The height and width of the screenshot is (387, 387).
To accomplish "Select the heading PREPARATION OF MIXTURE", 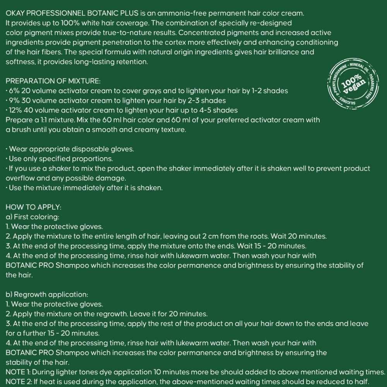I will (x=53, y=81).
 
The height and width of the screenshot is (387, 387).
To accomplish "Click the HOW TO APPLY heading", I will (x=34, y=207).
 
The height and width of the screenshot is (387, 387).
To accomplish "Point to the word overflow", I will (x=20, y=178).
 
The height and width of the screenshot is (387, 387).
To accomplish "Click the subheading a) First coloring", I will (x=32, y=217).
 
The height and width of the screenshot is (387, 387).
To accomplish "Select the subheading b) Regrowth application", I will (x=47, y=295).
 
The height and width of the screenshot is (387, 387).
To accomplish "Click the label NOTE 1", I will (x=18, y=372).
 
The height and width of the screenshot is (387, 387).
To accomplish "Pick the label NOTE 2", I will (x=18, y=382).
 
